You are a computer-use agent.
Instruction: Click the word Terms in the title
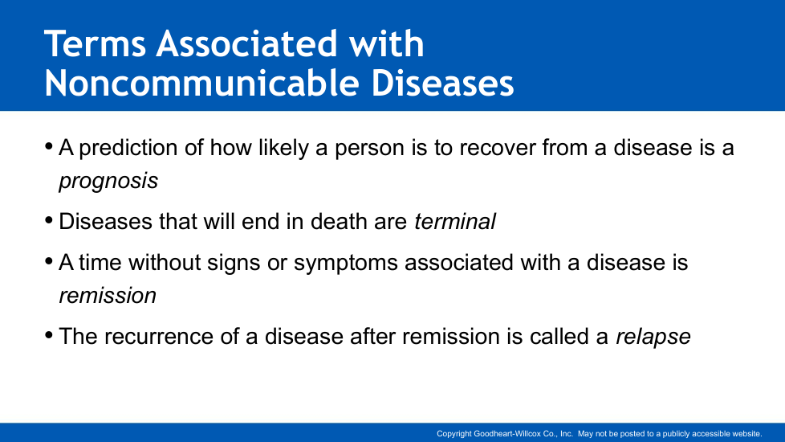(x=96, y=43)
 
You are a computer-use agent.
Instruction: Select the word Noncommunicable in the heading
(x=201, y=83)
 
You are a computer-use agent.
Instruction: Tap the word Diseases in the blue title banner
(x=442, y=83)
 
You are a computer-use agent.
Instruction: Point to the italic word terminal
(x=455, y=222)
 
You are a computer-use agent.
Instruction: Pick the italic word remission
(x=108, y=296)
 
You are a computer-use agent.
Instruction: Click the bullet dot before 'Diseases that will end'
(x=49, y=220)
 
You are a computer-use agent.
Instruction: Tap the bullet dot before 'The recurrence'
(x=49, y=335)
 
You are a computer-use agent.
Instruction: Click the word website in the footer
(x=746, y=434)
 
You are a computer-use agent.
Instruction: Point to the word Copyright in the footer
(x=454, y=434)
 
